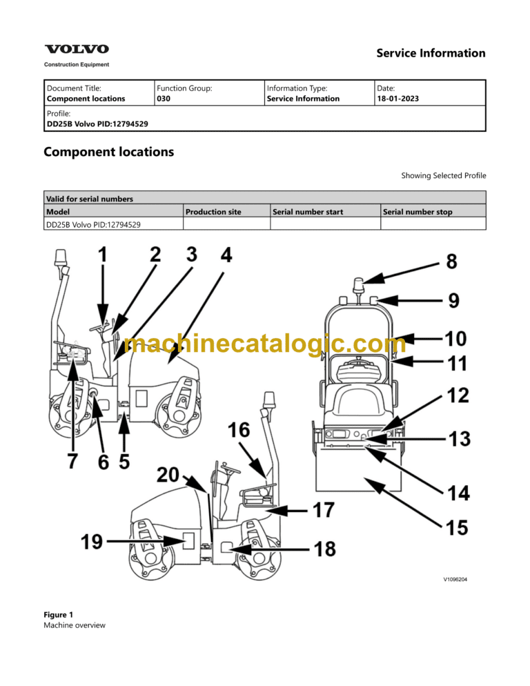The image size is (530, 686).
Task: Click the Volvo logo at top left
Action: coord(77,49)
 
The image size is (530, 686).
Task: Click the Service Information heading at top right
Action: coord(431,53)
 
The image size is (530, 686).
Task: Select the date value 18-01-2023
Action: coord(397,99)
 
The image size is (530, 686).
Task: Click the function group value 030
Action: coord(164,99)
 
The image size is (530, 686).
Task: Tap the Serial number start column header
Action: coord(308,212)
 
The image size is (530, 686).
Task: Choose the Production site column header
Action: coord(213,212)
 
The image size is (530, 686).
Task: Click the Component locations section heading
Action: coord(108,152)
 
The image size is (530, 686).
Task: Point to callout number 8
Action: coord(451,262)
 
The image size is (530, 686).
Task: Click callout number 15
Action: coord(458,528)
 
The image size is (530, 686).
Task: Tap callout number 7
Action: coord(72,461)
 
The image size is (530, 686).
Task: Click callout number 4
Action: coord(226,255)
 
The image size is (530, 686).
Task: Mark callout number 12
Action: coord(458,395)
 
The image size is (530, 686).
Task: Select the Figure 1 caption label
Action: coord(58,614)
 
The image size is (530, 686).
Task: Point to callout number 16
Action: coord(239,431)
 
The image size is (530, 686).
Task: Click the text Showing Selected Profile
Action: coord(443,175)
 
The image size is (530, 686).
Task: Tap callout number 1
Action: coord(102,255)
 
